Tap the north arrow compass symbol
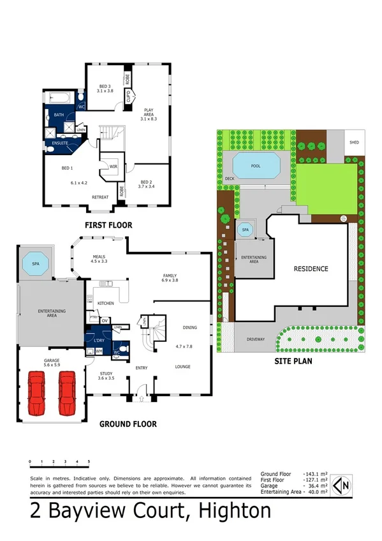tap(344, 484)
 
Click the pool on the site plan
tap(256, 165)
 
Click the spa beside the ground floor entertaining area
tap(34, 263)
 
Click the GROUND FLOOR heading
tap(128, 424)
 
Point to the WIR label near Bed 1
tap(114, 167)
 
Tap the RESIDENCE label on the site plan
tap(311, 269)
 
